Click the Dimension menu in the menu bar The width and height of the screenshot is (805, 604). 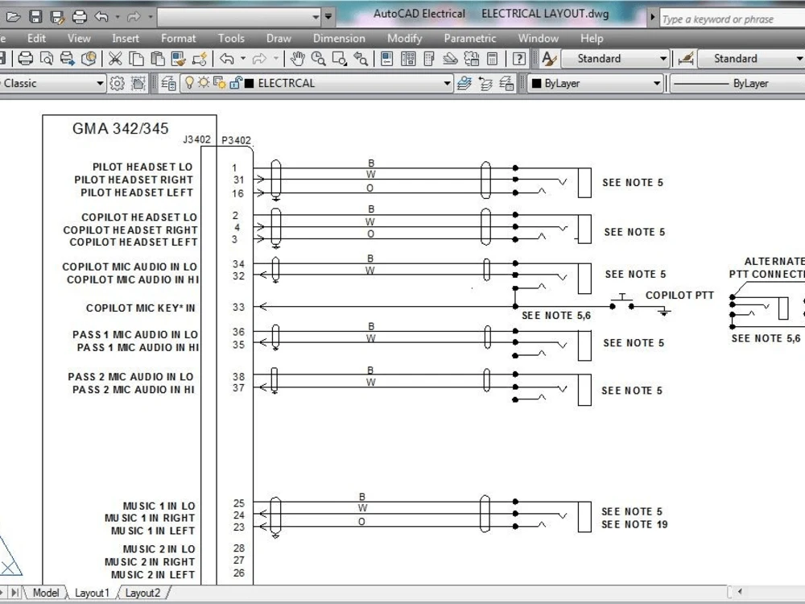(339, 38)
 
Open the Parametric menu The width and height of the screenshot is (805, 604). (470, 38)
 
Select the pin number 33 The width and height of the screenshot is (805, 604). (238, 307)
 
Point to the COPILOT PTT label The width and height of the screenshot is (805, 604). (679, 296)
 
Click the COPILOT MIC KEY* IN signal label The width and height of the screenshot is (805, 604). (141, 308)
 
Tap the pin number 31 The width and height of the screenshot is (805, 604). (238, 180)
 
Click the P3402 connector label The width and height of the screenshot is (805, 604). (236, 140)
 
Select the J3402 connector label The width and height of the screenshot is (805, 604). (197, 139)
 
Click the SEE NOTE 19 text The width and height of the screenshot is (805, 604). (634, 524)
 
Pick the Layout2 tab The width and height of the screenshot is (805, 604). (142, 593)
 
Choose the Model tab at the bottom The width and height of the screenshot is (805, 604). (46, 593)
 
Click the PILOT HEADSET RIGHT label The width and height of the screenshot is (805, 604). (134, 180)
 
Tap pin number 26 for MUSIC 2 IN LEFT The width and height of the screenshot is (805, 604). (238, 573)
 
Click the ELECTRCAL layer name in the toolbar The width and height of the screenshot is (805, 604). (286, 83)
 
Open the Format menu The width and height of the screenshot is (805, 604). (178, 38)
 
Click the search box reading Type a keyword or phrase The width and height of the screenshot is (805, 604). (729, 19)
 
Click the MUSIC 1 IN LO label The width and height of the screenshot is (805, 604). (159, 507)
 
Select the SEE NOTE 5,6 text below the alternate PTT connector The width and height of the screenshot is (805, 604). (766, 338)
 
